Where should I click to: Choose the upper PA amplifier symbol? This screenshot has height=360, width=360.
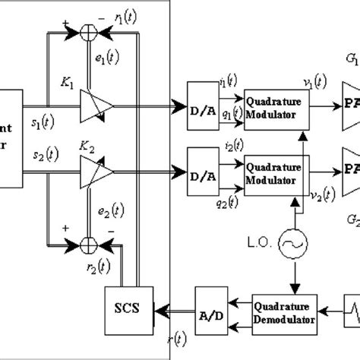tap(349, 105)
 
